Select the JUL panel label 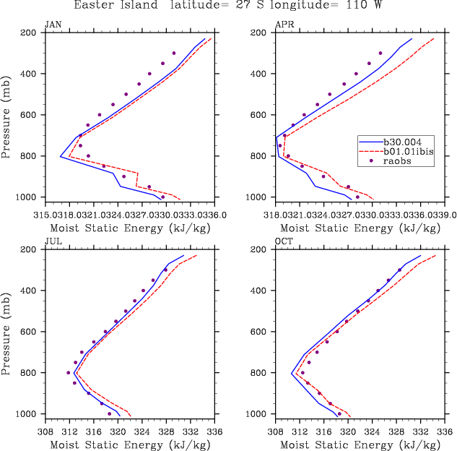click(53, 241)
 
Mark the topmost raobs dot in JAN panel click(174, 53)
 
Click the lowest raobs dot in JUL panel click(110, 414)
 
